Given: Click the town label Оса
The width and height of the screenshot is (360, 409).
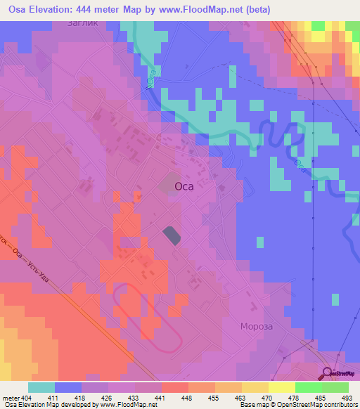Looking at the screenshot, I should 184,187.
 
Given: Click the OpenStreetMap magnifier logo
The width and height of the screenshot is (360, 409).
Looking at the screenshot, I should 328,373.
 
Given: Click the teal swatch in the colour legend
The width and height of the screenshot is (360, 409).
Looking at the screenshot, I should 41,387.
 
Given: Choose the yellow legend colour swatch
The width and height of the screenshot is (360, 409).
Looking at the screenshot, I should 281,387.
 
